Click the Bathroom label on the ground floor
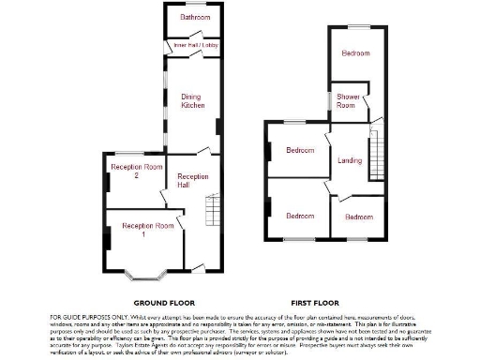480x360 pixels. pyautogui.click(x=195, y=17)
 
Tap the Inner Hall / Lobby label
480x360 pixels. pyautogui.click(x=194, y=44)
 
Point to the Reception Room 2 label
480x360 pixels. pyautogui.click(x=130, y=171)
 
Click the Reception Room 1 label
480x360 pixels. pyautogui.click(x=147, y=230)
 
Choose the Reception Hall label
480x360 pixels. pyautogui.click(x=193, y=181)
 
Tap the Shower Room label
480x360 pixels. pyautogui.click(x=346, y=101)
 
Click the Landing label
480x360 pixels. pyautogui.click(x=350, y=160)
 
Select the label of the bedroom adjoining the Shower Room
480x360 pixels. pyautogui.click(x=356, y=53)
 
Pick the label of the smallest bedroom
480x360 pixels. pyautogui.click(x=359, y=217)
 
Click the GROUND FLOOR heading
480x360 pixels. pyautogui.click(x=163, y=303)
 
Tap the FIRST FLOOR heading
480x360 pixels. pyautogui.click(x=314, y=303)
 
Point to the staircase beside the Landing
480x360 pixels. pyautogui.click(x=378, y=154)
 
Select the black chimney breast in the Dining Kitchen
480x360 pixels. pyautogui.click(x=218, y=127)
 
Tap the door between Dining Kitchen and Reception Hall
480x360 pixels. pyautogui.click(x=204, y=152)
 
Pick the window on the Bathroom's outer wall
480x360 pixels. pyautogui.click(x=195, y=5)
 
